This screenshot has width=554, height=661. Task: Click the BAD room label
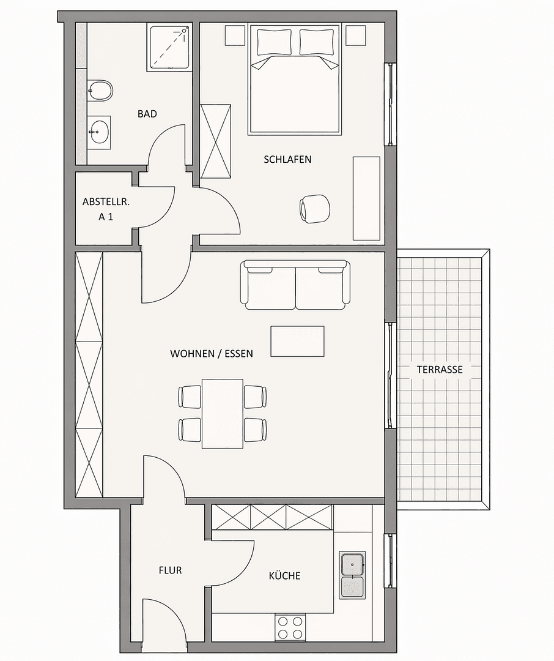(x=147, y=114)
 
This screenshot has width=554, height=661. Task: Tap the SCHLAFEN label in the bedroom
(x=287, y=159)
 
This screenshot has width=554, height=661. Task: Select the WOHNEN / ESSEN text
(x=211, y=353)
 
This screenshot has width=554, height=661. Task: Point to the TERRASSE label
(x=439, y=370)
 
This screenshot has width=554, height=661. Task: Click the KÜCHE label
(x=284, y=576)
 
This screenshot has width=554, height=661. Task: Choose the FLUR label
(x=170, y=570)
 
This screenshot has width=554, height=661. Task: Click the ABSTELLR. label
(x=102, y=202)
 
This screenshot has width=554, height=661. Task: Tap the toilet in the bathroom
(x=100, y=92)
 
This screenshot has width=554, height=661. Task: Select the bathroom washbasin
(x=98, y=130)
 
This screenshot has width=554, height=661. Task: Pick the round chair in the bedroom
(x=315, y=208)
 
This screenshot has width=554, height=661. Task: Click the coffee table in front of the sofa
(x=297, y=341)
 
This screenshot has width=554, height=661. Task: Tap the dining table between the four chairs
(x=223, y=413)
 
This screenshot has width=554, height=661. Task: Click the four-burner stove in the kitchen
(x=290, y=627)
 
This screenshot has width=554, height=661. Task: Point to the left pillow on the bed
(x=275, y=42)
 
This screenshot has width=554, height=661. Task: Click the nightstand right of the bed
(x=355, y=35)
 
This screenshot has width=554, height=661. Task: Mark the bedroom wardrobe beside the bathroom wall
(x=216, y=141)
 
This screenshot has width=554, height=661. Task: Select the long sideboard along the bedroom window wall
(x=366, y=198)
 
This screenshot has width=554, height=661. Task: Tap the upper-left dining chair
(x=190, y=396)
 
